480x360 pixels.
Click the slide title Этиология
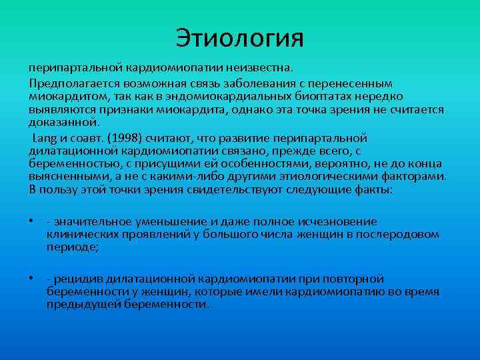click(239, 37)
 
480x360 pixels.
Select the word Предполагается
click(65, 83)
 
